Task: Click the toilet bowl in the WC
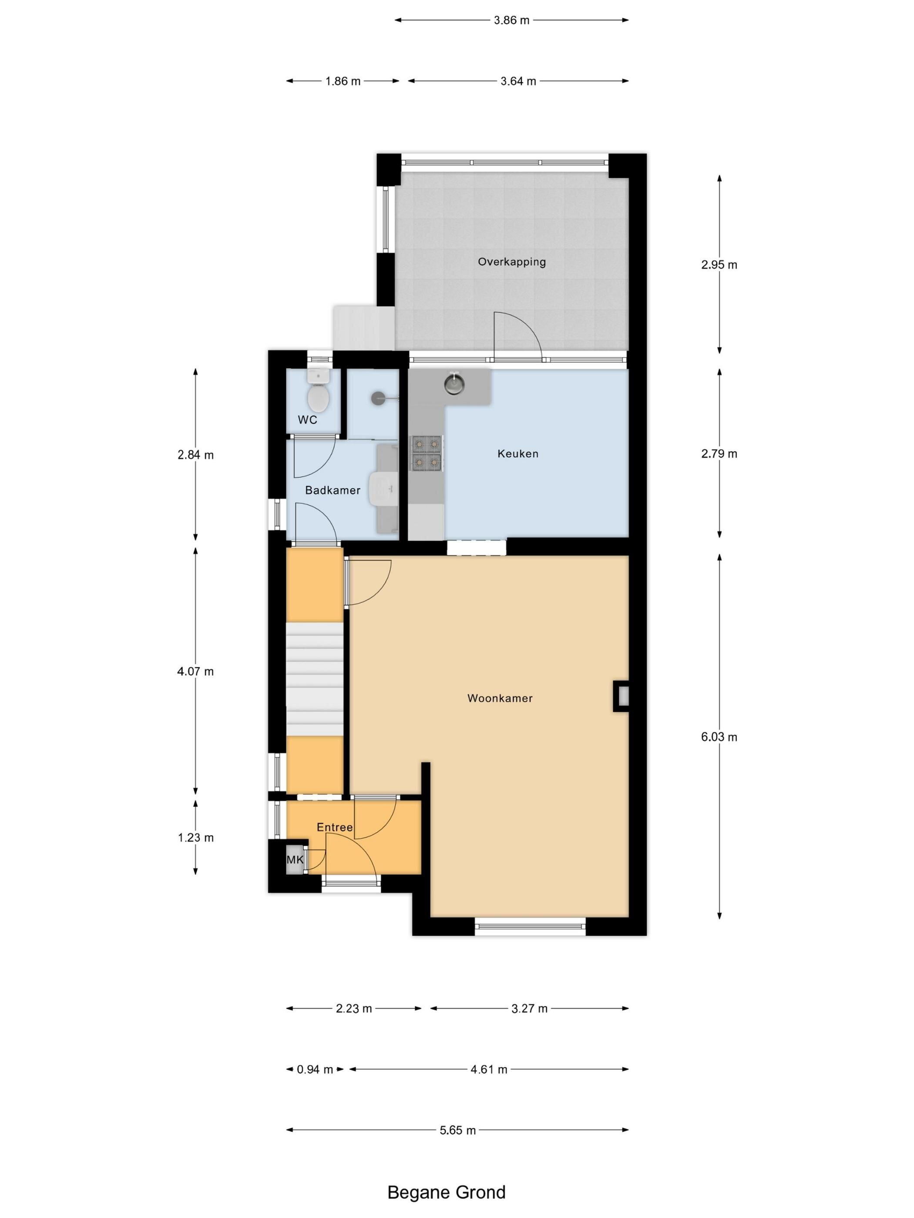pos(318,398)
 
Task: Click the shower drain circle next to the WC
pos(378,398)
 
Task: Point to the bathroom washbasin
pos(382,488)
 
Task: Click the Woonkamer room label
pos(500,698)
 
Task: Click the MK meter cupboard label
pos(295,860)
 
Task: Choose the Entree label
pos(334,827)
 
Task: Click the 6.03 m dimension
pos(719,737)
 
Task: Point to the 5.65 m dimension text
pos(457,1130)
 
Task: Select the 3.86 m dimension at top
pos(511,20)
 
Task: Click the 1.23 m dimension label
pos(195,837)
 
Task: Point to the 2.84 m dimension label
pos(195,455)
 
